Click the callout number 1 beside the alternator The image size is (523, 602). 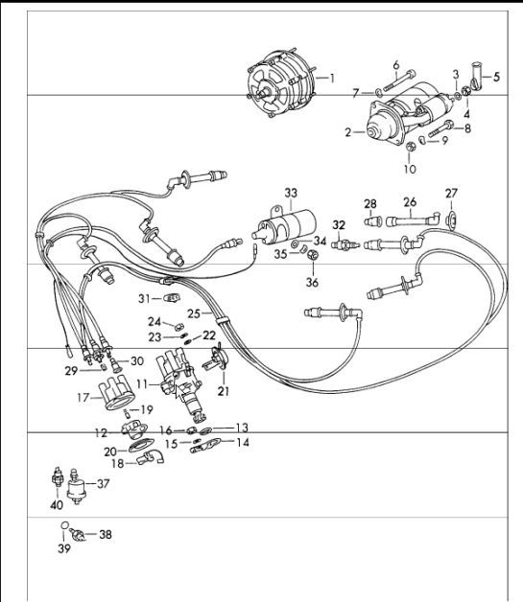[x=332, y=79]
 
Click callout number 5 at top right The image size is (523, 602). [x=496, y=77]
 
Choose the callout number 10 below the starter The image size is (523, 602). [x=410, y=169]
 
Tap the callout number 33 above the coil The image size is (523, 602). [x=291, y=193]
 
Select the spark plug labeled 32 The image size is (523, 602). [x=345, y=243]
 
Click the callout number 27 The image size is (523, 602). [x=452, y=193]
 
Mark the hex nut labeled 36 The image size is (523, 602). [x=313, y=255]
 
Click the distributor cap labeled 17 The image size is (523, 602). [x=117, y=394]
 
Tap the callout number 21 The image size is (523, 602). [x=224, y=391]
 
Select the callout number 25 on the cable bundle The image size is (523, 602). [x=194, y=313]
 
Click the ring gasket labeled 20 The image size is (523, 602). [x=141, y=446]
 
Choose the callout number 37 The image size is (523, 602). [x=103, y=484]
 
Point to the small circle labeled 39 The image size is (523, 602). [x=65, y=525]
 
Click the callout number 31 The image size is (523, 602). [x=144, y=299]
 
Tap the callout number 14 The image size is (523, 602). [x=243, y=442]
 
